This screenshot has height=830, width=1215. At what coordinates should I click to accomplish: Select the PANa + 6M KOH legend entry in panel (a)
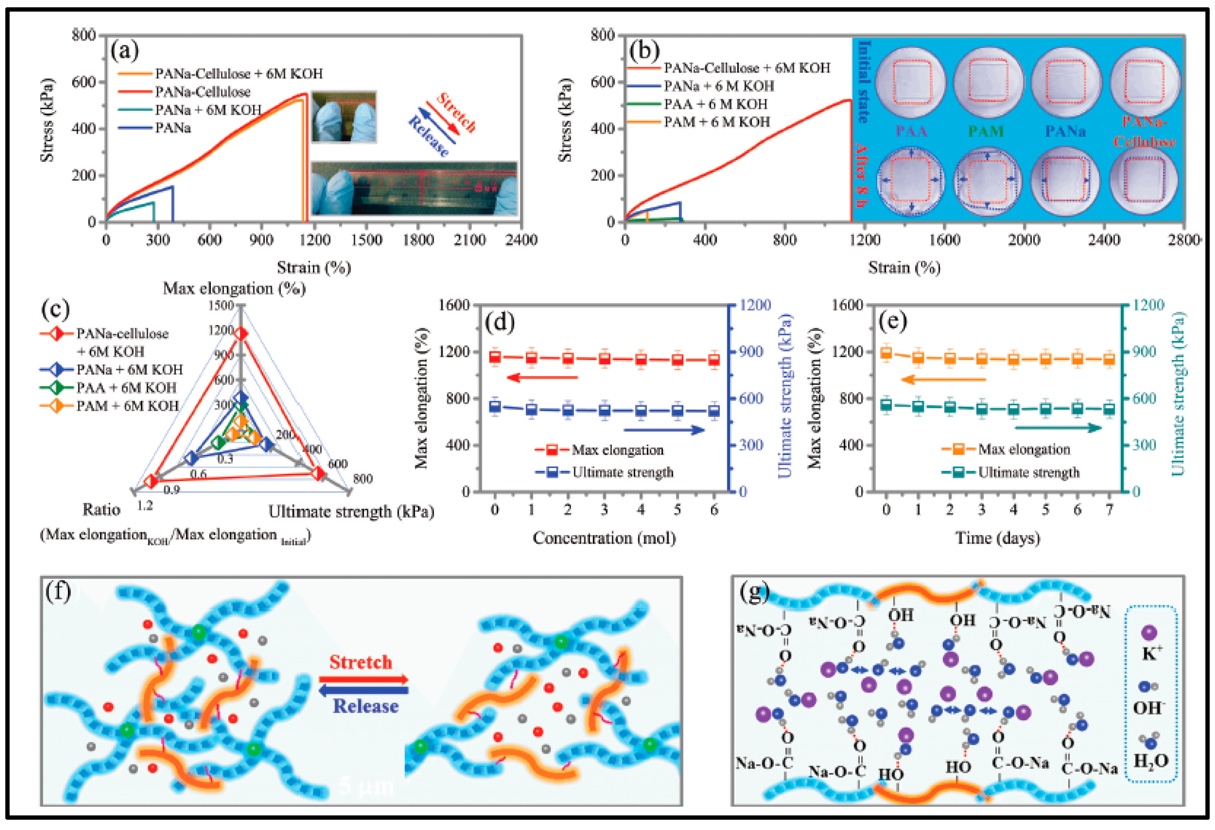(x=208, y=110)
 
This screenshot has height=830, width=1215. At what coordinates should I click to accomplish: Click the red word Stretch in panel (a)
(x=456, y=112)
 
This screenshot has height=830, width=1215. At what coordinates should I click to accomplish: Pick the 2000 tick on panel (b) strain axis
(x=1024, y=240)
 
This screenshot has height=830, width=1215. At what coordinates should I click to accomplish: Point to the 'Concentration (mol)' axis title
(x=604, y=538)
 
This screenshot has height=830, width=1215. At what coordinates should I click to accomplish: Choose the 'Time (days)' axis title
(x=997, y=538)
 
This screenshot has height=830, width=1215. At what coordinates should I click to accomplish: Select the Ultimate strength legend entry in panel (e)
(x=1028, y=472)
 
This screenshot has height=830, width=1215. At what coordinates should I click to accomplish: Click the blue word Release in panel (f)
(x=366, y=706)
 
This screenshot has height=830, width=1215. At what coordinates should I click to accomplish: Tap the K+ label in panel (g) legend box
(x=1152, y=652)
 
